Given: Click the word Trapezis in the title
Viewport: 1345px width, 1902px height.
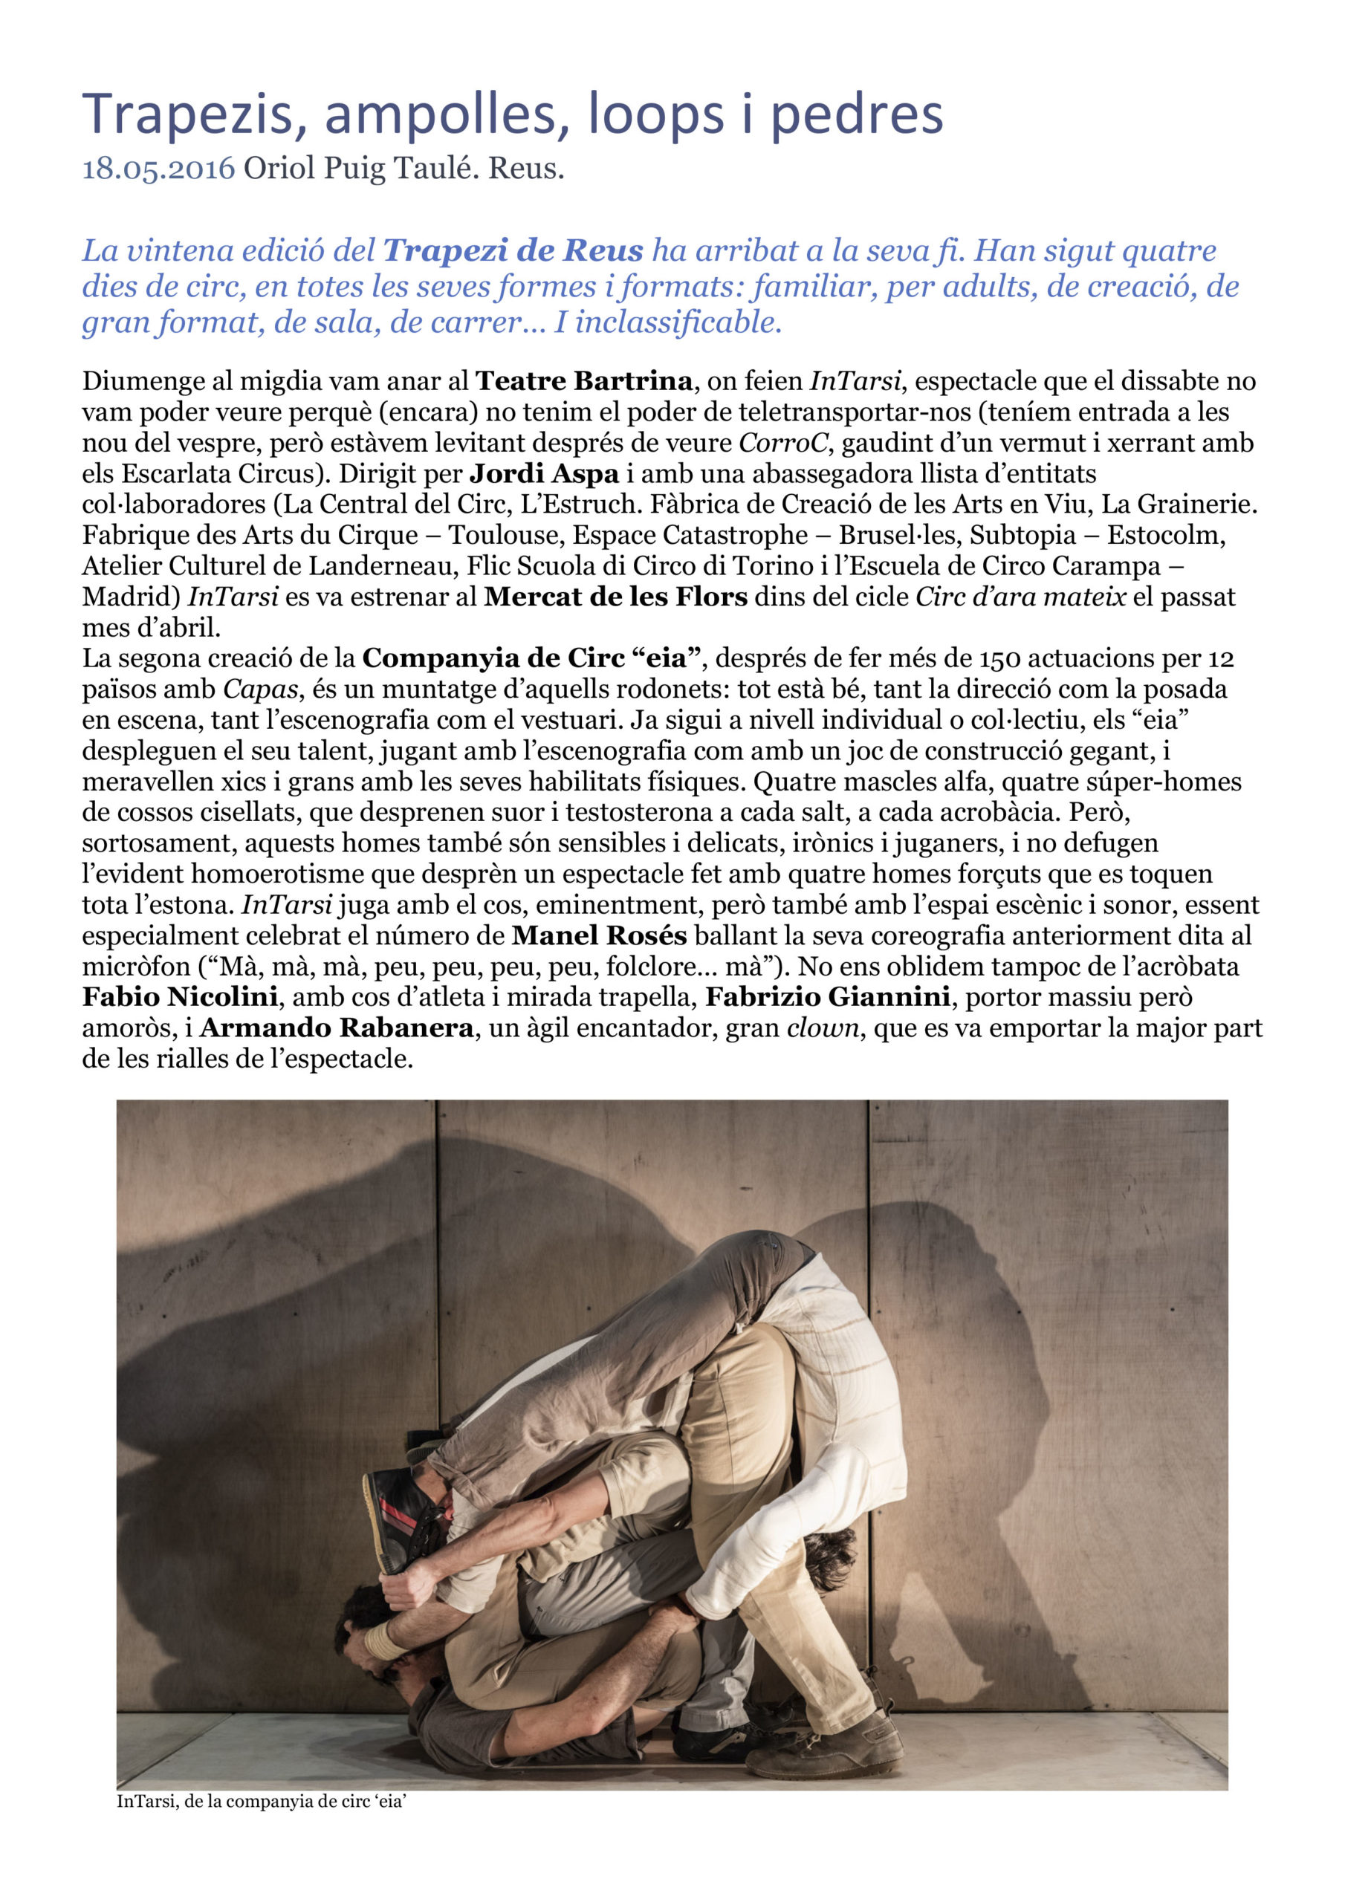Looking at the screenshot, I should (188, 115).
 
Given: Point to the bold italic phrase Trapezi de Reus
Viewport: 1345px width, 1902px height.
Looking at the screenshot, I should (513, 250).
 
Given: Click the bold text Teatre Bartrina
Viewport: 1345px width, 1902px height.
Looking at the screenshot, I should (584, 381).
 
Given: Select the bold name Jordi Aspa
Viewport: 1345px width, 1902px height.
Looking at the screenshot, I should (545, 474).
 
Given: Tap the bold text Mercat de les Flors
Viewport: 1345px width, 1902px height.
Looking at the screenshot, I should (616, 597).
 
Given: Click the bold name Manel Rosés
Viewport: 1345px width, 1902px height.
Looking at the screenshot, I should (599, 936).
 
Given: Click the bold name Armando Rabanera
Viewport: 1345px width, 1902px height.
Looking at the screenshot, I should (337, 1029).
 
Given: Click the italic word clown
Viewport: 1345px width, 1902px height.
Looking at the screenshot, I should (822, 1029).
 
